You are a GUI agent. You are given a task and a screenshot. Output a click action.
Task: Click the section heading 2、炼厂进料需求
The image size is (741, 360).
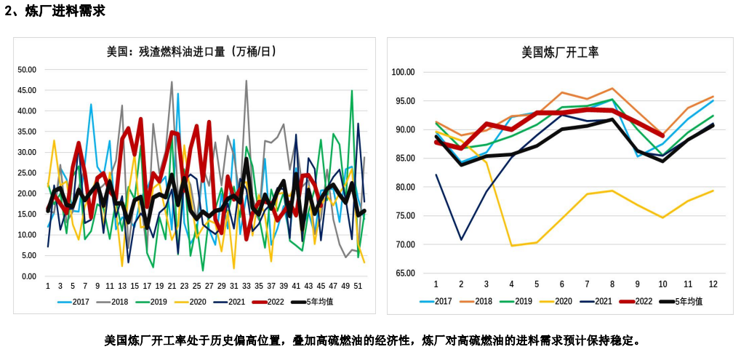tap(55, 11)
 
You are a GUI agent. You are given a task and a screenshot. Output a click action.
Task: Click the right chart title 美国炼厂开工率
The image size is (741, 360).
tap(560, 52)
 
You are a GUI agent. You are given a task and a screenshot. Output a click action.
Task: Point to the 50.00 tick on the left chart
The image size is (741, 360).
tap(27, 70)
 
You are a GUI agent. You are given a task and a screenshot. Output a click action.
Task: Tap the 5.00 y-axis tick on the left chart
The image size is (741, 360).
tap(29, 256)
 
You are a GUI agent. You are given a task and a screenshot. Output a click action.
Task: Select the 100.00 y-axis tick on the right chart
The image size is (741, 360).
tap(402, 72)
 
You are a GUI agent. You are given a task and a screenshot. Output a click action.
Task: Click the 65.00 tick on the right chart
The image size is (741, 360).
tap(404, 273)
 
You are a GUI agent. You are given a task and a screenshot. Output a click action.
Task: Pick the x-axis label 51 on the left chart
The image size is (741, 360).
tap(358, 286)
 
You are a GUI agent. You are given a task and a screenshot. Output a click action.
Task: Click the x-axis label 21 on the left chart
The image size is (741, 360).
tap(172, 286)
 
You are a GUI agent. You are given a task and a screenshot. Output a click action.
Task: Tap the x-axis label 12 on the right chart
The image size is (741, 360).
tap(713, 284)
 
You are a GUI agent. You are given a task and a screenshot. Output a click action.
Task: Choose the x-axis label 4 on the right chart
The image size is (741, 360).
tap(511, 284)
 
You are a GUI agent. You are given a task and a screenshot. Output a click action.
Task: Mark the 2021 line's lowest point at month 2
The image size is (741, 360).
tap(461, 239)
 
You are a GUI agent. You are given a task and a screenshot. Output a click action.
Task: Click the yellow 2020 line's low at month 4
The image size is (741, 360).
tap(511, 246)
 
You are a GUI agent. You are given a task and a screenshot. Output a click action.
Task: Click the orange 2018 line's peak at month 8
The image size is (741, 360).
tap(612, 89)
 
